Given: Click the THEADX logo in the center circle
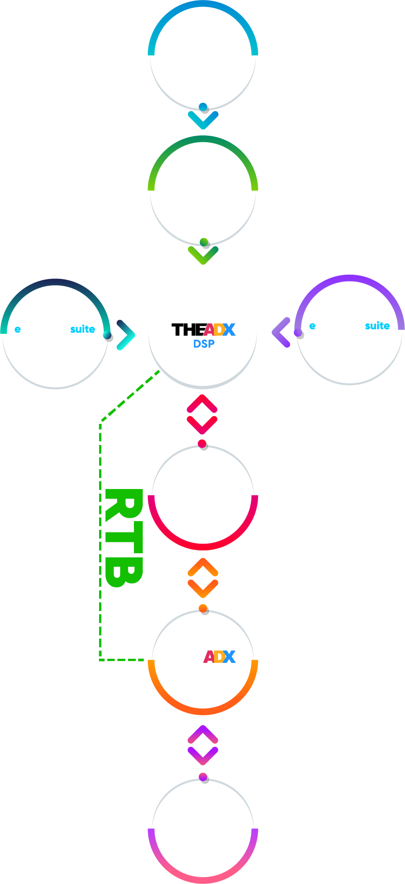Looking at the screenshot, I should (203, 329).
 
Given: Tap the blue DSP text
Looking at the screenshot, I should (204, 344).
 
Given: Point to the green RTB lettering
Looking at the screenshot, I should (123, 538).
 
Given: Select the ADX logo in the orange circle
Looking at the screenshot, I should (219, 657).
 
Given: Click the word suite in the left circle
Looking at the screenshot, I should (83, 329).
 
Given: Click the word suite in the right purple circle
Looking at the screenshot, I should (377, 326).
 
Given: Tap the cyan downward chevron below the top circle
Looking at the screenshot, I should (203, 120).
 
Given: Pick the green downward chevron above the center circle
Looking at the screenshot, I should (203, 256).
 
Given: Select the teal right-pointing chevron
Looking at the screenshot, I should (126, 335).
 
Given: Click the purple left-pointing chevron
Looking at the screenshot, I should (281, 332).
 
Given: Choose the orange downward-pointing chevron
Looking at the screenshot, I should (203, 588).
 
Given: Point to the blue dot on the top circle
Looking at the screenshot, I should (203, 107).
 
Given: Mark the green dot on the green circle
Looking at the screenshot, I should (204, 242).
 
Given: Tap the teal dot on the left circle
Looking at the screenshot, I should (107, 335).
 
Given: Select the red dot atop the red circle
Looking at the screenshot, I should (202, 444).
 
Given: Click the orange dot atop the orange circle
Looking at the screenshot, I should (203, 609).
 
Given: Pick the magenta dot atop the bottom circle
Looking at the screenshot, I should (203, 778).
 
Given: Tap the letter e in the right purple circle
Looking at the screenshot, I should (312, 326).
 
